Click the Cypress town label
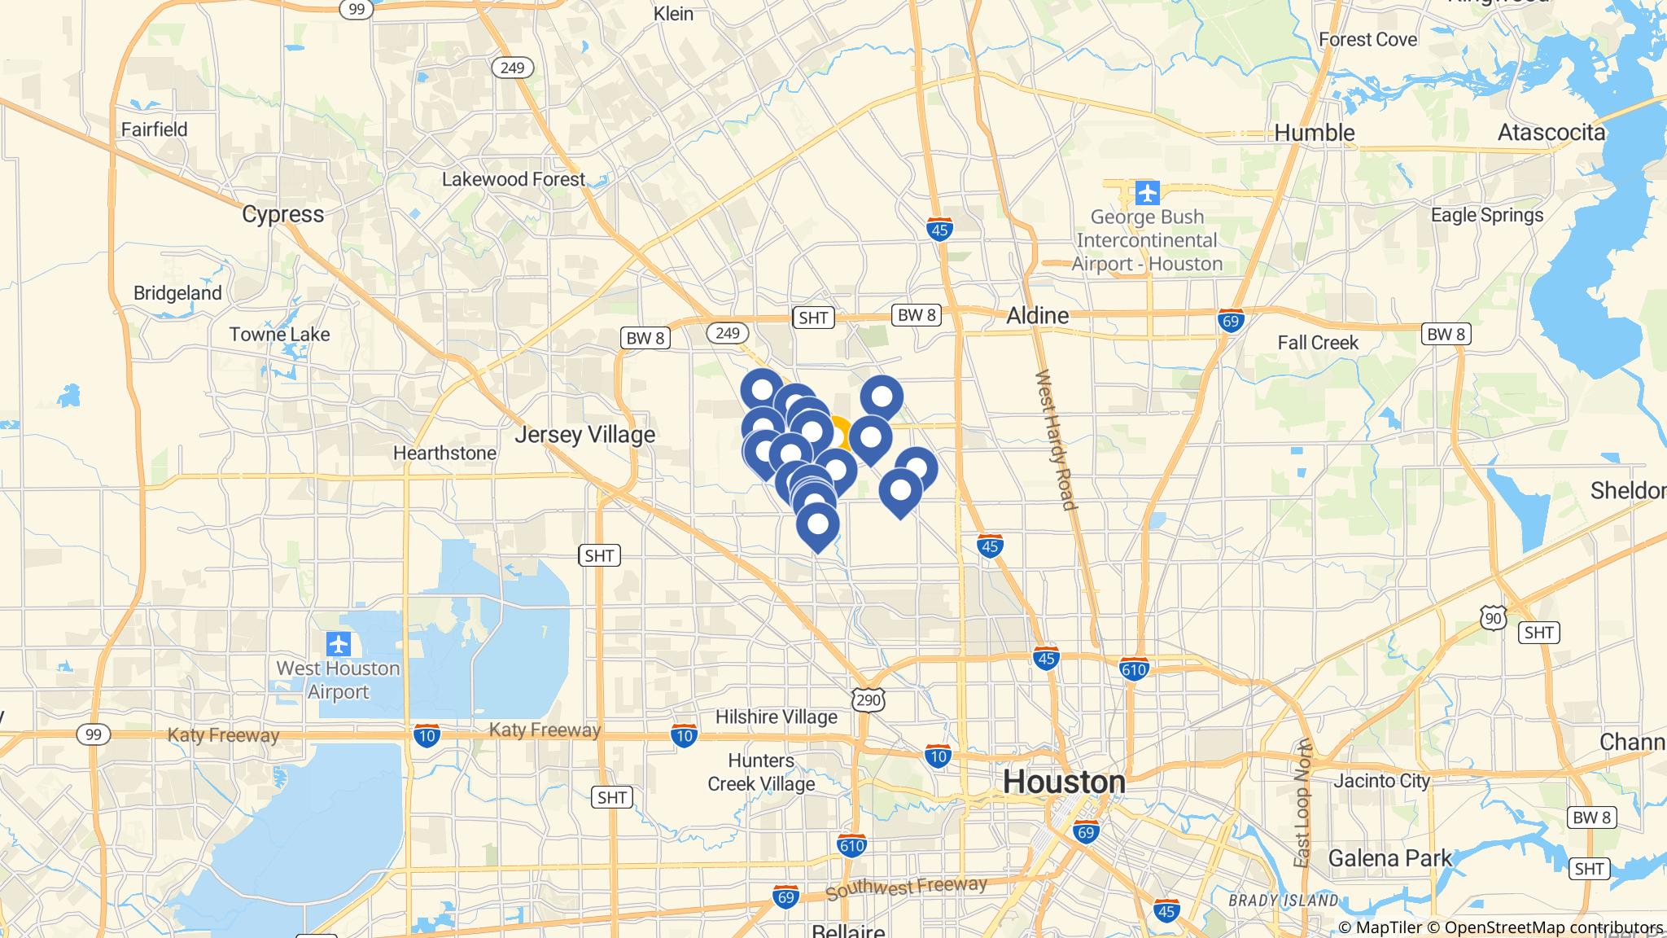click(x=282, y=214)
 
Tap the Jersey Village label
click(x=584, y=435)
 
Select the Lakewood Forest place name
click(x=513, y=179)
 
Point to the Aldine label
click(x=1037, y=316)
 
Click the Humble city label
click(x=1314, y=133)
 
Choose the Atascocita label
click(x=1551, y=133)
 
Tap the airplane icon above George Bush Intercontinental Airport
click(x=1147, y=194)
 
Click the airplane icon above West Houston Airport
click(x=338, y=644)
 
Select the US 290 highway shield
click(x=869, y=699)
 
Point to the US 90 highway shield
click(x=1492, y=619)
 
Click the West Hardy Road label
click(x=1056, y=440)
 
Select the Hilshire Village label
click(x=776, y=717)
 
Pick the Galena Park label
click(x=1389, y=858)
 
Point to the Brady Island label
click(x=1283, y=901)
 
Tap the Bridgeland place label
click(x=177, y=293)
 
